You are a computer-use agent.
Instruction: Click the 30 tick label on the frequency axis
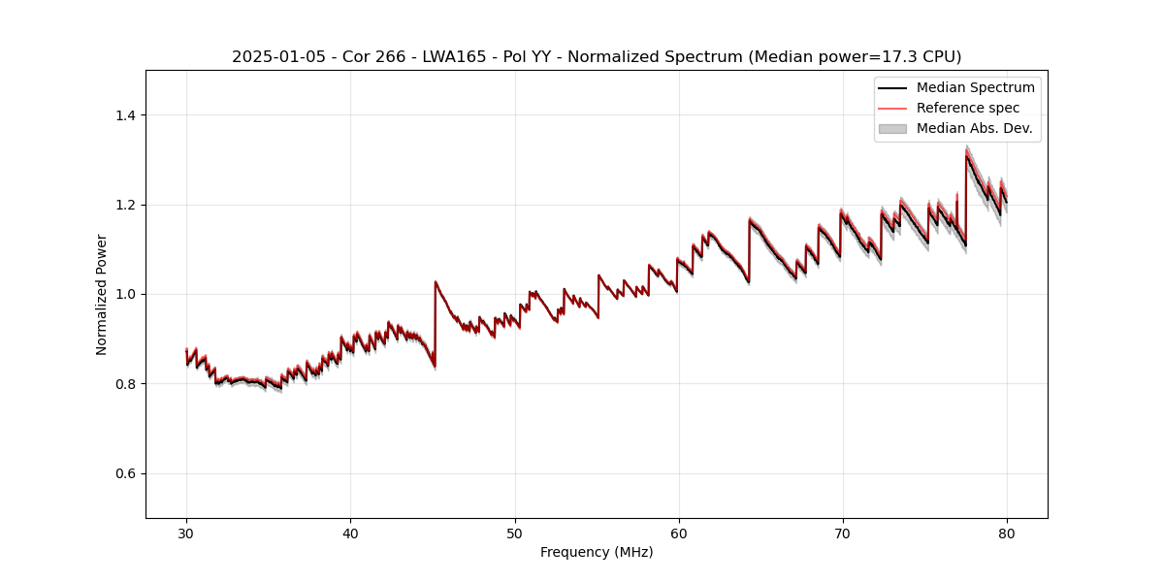[x=186, y=533]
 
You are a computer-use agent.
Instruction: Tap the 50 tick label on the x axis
[x=515, y=533]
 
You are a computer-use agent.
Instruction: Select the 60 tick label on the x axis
[x=679, y=533]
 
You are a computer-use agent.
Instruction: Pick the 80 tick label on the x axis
[x=1007, y=533]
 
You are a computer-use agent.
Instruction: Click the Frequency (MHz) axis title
[x=597, y=552]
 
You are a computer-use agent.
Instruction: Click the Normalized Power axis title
[x=102, y=294]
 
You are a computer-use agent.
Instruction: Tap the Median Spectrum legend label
[x=975, y=87]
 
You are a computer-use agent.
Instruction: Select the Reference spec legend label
[x=967, y=108]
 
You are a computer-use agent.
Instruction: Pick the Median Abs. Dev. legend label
[x=974, y=128]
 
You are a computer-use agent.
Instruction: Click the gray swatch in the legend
[x=892, y=128]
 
